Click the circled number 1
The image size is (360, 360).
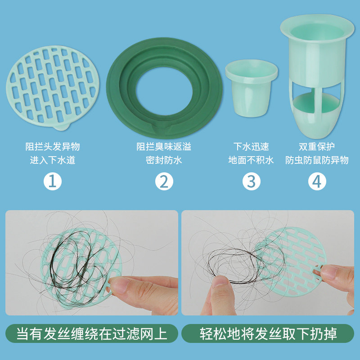click(52, 181)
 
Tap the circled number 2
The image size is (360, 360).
click(164, 181)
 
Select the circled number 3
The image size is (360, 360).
click(251, 181)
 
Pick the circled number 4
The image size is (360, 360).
click(317, 181)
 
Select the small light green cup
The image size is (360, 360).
click(251, 88)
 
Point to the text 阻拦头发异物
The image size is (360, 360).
click(52, 147)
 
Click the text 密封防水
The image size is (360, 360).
click(164, 160)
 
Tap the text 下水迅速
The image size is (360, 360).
click(251, 147)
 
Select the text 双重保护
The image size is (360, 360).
click(317, 147)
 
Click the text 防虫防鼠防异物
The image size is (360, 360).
click(317, 160)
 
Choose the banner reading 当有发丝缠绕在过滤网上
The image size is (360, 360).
click(92, 334)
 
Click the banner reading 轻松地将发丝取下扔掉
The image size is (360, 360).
click(268, 334)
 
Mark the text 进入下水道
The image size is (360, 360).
click(52, 160)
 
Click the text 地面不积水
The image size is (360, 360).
click(251, 160)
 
